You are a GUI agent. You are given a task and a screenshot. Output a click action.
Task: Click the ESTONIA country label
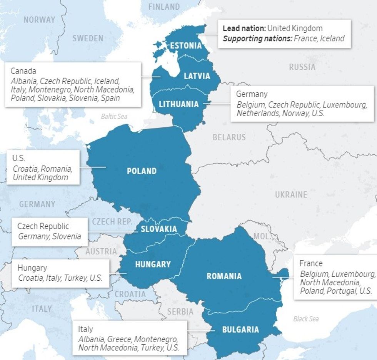(186, 45)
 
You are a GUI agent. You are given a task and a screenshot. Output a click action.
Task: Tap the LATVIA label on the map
(197, 76)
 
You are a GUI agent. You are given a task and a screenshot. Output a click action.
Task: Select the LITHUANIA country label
(179, 104)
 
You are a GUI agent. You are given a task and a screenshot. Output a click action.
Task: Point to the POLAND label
(142, 171)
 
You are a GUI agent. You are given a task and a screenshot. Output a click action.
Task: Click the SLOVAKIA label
(158, 229)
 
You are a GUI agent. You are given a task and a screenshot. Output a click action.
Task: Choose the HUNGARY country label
(153, 264)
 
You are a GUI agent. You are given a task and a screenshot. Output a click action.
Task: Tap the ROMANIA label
(224, 276)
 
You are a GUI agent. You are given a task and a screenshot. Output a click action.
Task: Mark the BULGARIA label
(240, 330)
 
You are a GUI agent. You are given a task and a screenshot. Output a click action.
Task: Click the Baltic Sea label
(114, 116)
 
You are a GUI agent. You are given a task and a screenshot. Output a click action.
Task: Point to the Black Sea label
(306, 319)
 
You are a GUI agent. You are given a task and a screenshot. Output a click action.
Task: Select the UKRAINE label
(291, 195)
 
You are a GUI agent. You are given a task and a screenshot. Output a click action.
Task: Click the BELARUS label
(229, 137)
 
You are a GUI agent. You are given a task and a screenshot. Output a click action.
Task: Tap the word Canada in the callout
(23, 71)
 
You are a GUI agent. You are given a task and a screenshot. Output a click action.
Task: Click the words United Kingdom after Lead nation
(295, 28)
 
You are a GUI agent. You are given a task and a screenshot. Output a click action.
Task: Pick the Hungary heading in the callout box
(32, 268)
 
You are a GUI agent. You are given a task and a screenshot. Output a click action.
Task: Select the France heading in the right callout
(311, 264)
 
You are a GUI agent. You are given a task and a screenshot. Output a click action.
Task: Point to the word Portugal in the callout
(341, 291)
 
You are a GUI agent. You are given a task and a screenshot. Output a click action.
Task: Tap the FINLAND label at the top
(164, 7)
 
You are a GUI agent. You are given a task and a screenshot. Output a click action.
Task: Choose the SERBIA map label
(180, 311)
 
